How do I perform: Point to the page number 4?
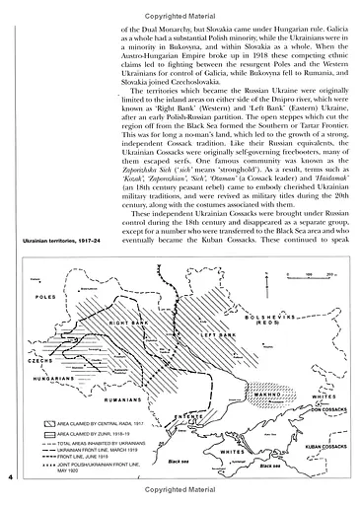click(x=9, y=477)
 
